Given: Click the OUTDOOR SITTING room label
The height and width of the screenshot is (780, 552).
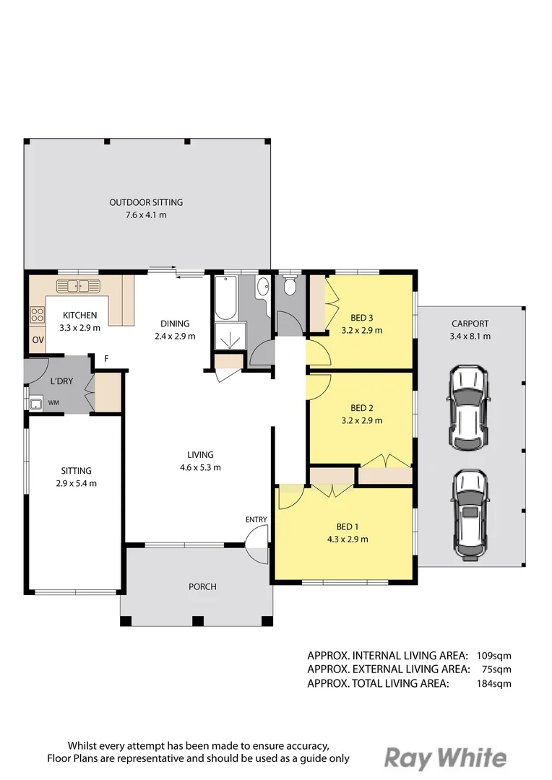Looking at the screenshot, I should point(146,202).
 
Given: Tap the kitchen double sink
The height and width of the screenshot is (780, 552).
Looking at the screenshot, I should point(79,285).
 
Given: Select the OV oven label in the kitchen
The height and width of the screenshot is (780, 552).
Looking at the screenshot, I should point(37,340).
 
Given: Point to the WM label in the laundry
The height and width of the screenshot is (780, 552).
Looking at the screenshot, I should point(53,402).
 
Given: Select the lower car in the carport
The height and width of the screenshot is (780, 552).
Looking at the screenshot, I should point(470,513).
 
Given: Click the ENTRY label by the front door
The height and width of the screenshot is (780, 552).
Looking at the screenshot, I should point(256,519).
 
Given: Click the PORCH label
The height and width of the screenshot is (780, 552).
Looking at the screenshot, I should point(202,586).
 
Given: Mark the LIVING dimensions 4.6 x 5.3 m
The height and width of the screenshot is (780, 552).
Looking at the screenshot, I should point(200,467).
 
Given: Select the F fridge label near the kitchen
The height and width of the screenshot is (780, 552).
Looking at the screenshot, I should point(106,359).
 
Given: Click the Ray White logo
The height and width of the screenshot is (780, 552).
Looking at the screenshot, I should point(444,758).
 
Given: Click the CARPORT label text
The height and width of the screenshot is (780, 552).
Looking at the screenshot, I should point(470,324).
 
